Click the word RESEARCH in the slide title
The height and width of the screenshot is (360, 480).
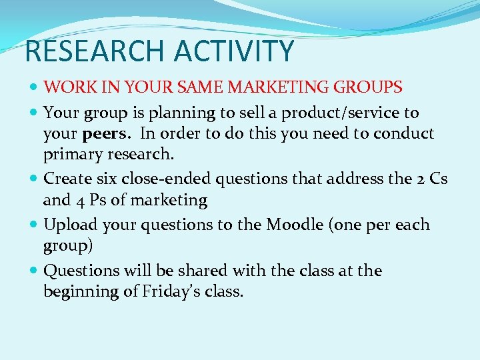(x=87, y=52)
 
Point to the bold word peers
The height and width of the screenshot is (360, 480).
(x=107, y=134)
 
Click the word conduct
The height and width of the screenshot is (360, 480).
(x=404, y=134)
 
